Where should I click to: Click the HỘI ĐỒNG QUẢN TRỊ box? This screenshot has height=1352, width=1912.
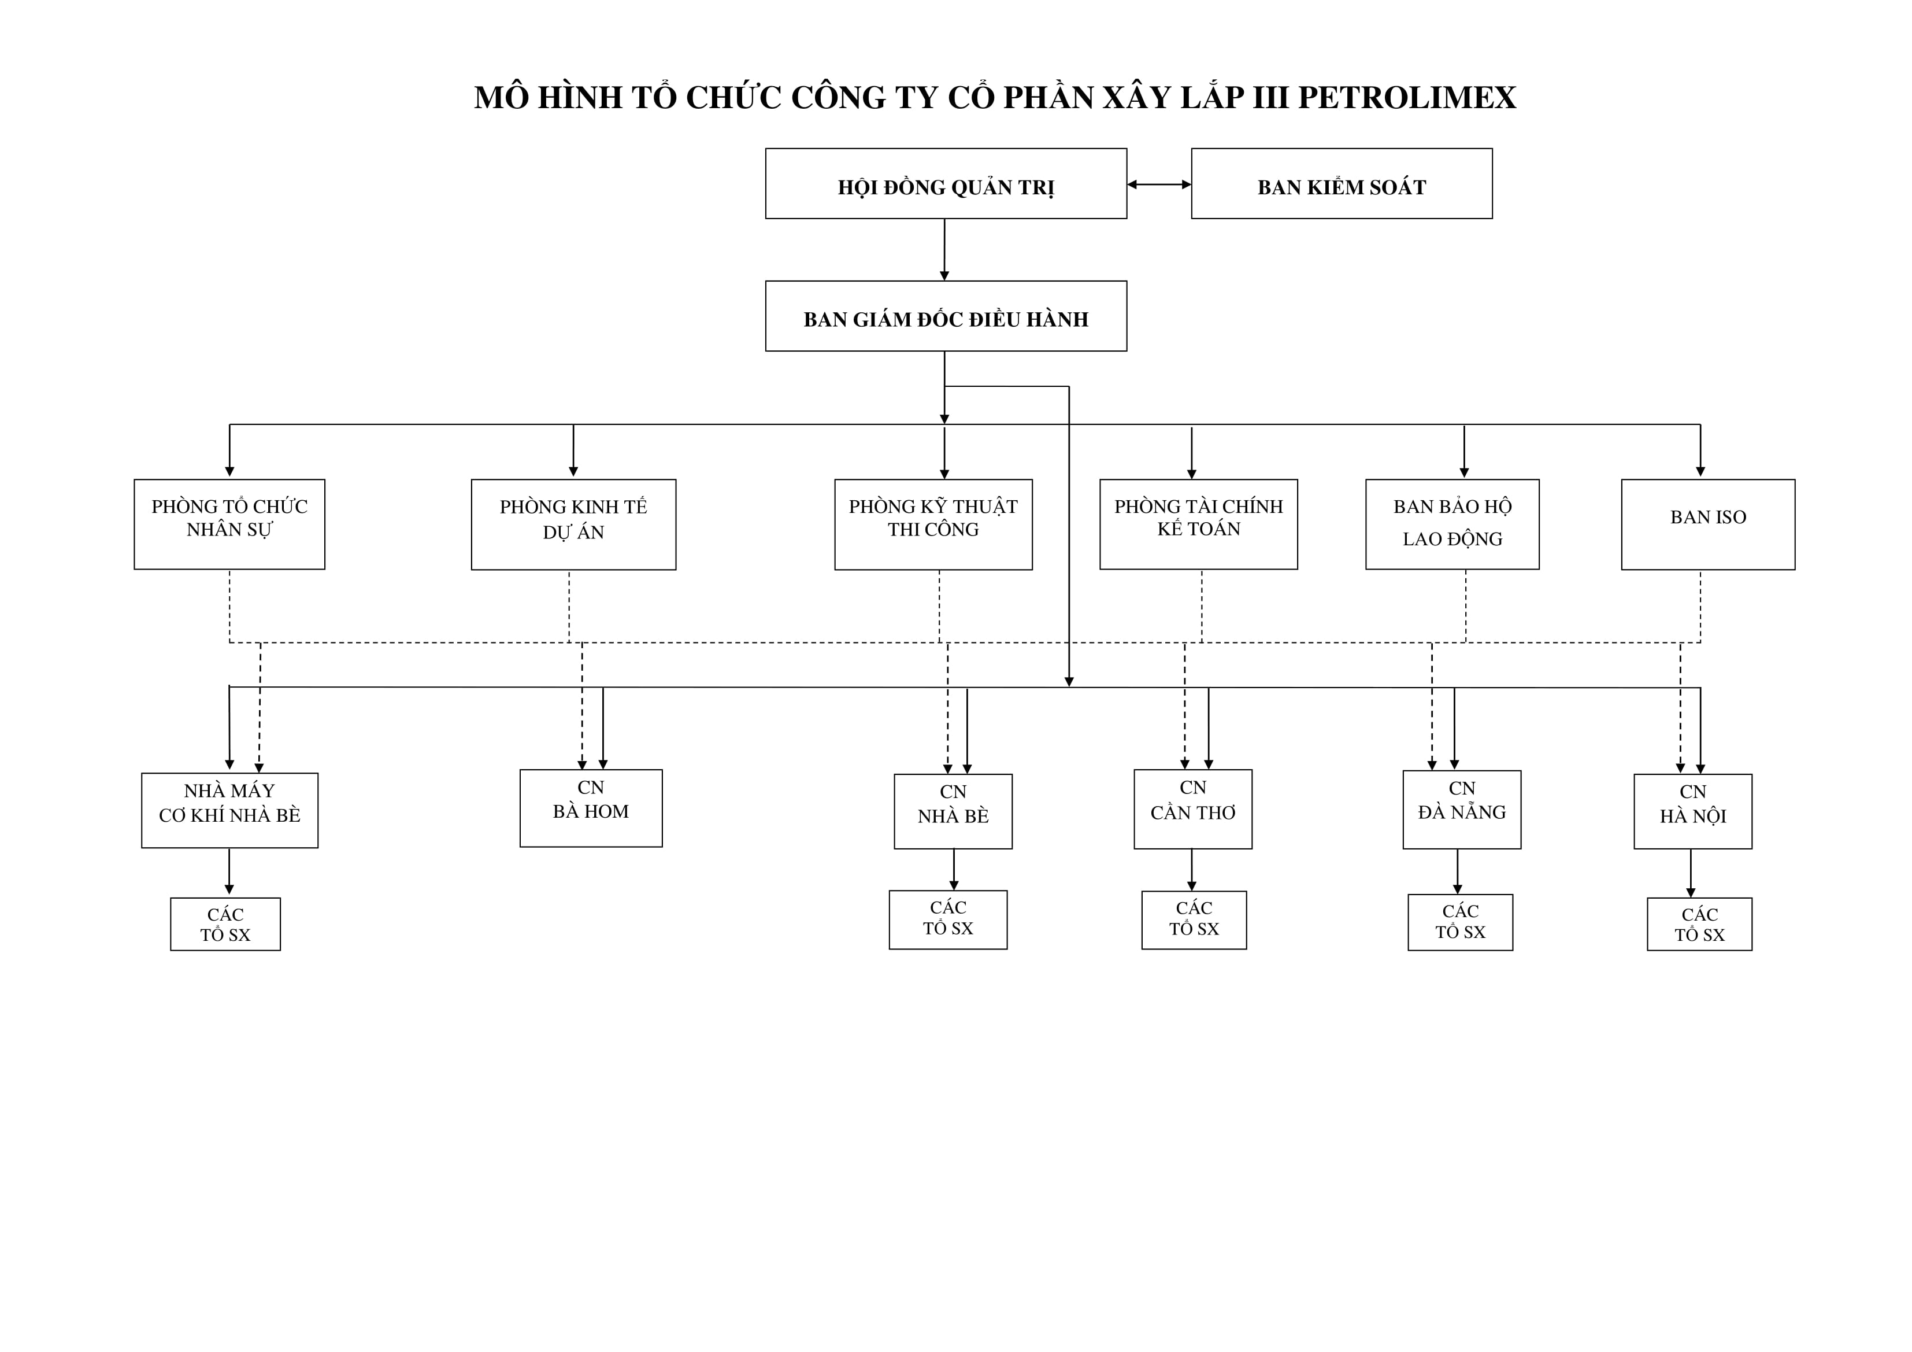point(946,184)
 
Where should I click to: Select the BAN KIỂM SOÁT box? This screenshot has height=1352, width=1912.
point(1342,184)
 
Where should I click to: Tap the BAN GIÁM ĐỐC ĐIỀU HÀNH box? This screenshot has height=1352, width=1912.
point(946,316)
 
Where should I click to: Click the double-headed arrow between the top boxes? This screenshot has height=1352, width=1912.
point(1159,184)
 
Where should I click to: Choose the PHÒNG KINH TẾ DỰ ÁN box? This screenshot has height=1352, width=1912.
point(574,524)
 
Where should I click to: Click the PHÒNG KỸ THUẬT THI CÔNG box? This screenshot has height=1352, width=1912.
point(933,524)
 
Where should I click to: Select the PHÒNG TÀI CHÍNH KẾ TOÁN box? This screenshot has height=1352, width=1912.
point(1198,524)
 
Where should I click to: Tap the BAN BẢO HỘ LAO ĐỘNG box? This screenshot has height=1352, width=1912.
point(1452,524)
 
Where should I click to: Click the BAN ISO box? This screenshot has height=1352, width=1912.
point(1708,524)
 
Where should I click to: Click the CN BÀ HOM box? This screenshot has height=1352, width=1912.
point(591,808)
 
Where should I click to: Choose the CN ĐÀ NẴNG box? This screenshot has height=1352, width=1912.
point(1462,810)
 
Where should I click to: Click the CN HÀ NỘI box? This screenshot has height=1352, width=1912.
point(1693,811)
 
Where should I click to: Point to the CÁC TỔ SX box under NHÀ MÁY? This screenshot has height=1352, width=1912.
point(225,924)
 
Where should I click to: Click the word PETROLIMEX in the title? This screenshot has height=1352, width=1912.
point(1407,98)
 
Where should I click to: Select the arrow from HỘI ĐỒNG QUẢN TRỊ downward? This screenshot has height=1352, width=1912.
point(944,250)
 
